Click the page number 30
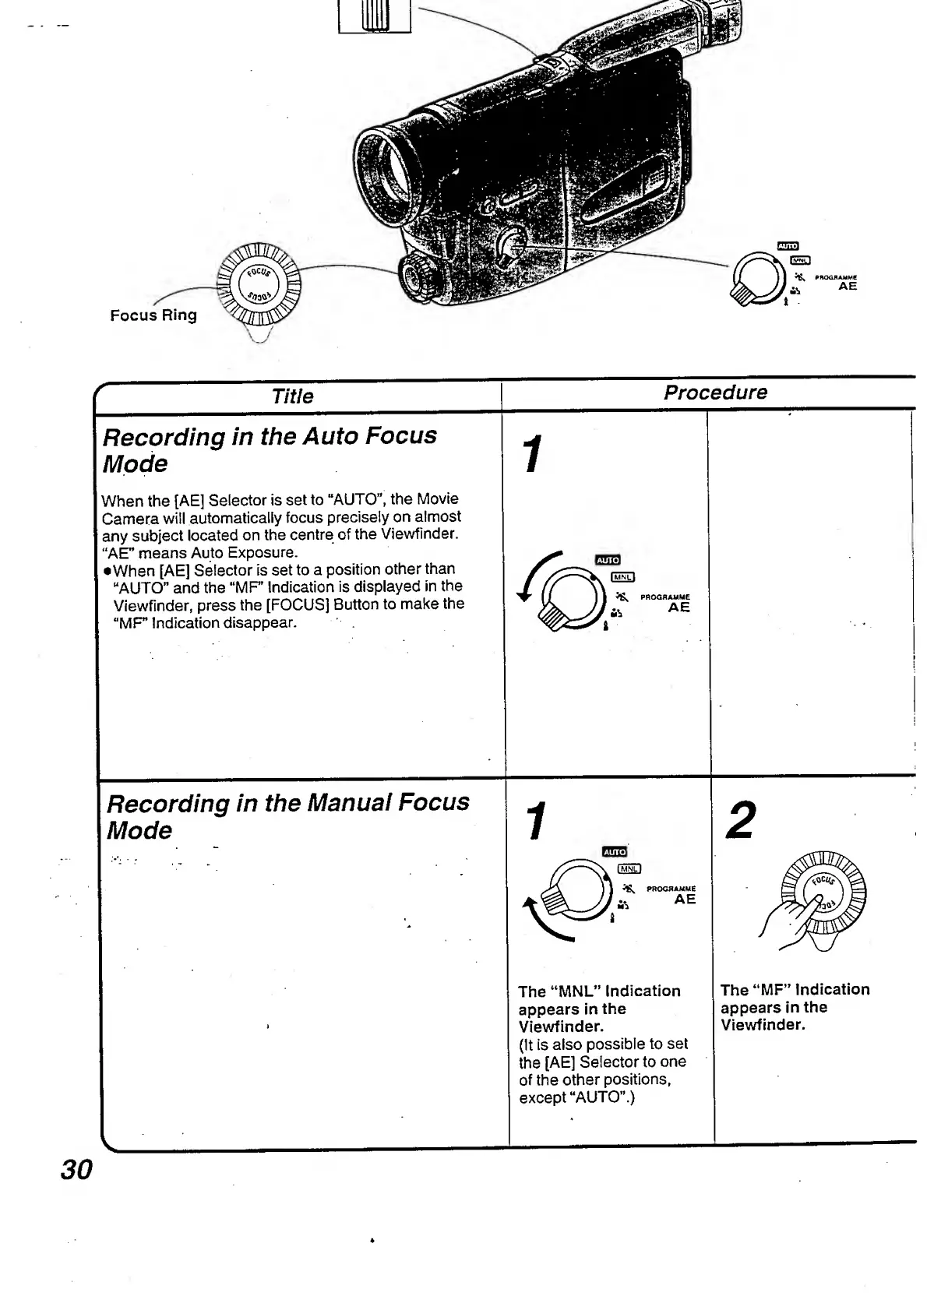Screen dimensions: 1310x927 [76, 1169]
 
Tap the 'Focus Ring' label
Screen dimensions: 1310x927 [153, 315]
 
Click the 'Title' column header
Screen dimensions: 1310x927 [292, 396]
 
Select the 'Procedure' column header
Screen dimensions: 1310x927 [714, 393]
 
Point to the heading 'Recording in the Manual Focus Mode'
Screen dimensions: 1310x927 [287, 816]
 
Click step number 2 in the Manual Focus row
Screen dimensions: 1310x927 [739, 821]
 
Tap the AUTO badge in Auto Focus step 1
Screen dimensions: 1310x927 [607, 560]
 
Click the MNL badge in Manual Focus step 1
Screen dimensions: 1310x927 [629, 868]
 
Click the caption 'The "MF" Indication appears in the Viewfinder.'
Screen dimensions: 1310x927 [794, 1006]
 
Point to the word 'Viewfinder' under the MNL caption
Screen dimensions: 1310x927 [560, 1027]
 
